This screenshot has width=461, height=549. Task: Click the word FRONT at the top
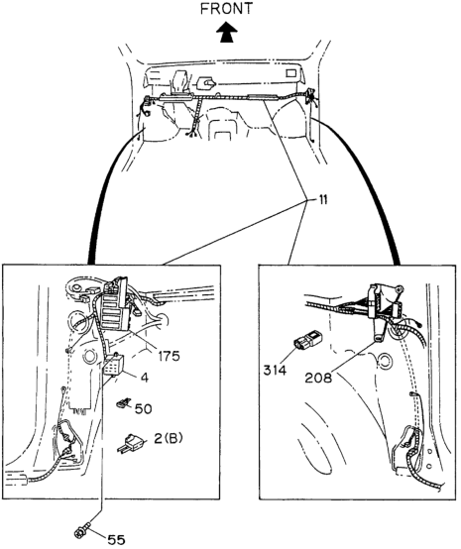[226, 9]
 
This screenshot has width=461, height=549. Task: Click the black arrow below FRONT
[226, 32]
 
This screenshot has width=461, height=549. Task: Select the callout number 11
[322, 200]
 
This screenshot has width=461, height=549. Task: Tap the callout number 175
[169, 356]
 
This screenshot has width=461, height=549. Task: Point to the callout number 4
[145, 378]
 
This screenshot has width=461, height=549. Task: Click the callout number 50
[144, 408]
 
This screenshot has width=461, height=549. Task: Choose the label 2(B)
[169, 438]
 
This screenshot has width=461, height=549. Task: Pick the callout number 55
[116, 539]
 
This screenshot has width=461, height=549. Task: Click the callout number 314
[275, 370]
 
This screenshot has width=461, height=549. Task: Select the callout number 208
[318, 378]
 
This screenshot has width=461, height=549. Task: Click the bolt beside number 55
[82, 524]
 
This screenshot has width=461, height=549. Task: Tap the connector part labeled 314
[307, 341]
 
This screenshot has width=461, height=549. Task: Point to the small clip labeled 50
[123, 403]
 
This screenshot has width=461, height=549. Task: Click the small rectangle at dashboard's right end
[291, 73]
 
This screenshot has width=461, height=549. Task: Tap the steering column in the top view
[180, 83]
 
